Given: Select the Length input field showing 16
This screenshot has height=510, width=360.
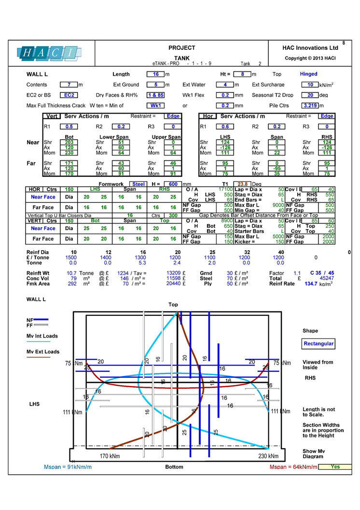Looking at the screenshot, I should (x=156, y=74).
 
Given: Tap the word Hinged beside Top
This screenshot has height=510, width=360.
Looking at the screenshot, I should (x=308, y=74).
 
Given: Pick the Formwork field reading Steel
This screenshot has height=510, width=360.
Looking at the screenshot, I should (x=138, y=184).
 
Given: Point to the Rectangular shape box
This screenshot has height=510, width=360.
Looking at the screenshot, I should (x=318, y=344).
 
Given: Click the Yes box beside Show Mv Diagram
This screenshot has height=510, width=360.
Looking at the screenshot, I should (x=335, y=467).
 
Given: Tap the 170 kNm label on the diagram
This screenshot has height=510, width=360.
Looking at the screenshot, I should (x=110, y=456).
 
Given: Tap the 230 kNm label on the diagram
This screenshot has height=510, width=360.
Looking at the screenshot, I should (x=268, y=456).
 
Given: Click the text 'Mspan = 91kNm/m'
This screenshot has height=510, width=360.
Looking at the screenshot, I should (x=68, y=467).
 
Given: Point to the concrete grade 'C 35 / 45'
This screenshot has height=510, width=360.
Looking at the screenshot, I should (x=322, y=273).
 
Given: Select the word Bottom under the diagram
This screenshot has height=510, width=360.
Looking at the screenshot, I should (x=174, y=467).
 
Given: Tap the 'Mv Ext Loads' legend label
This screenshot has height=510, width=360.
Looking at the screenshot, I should (x=43, y=352).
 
